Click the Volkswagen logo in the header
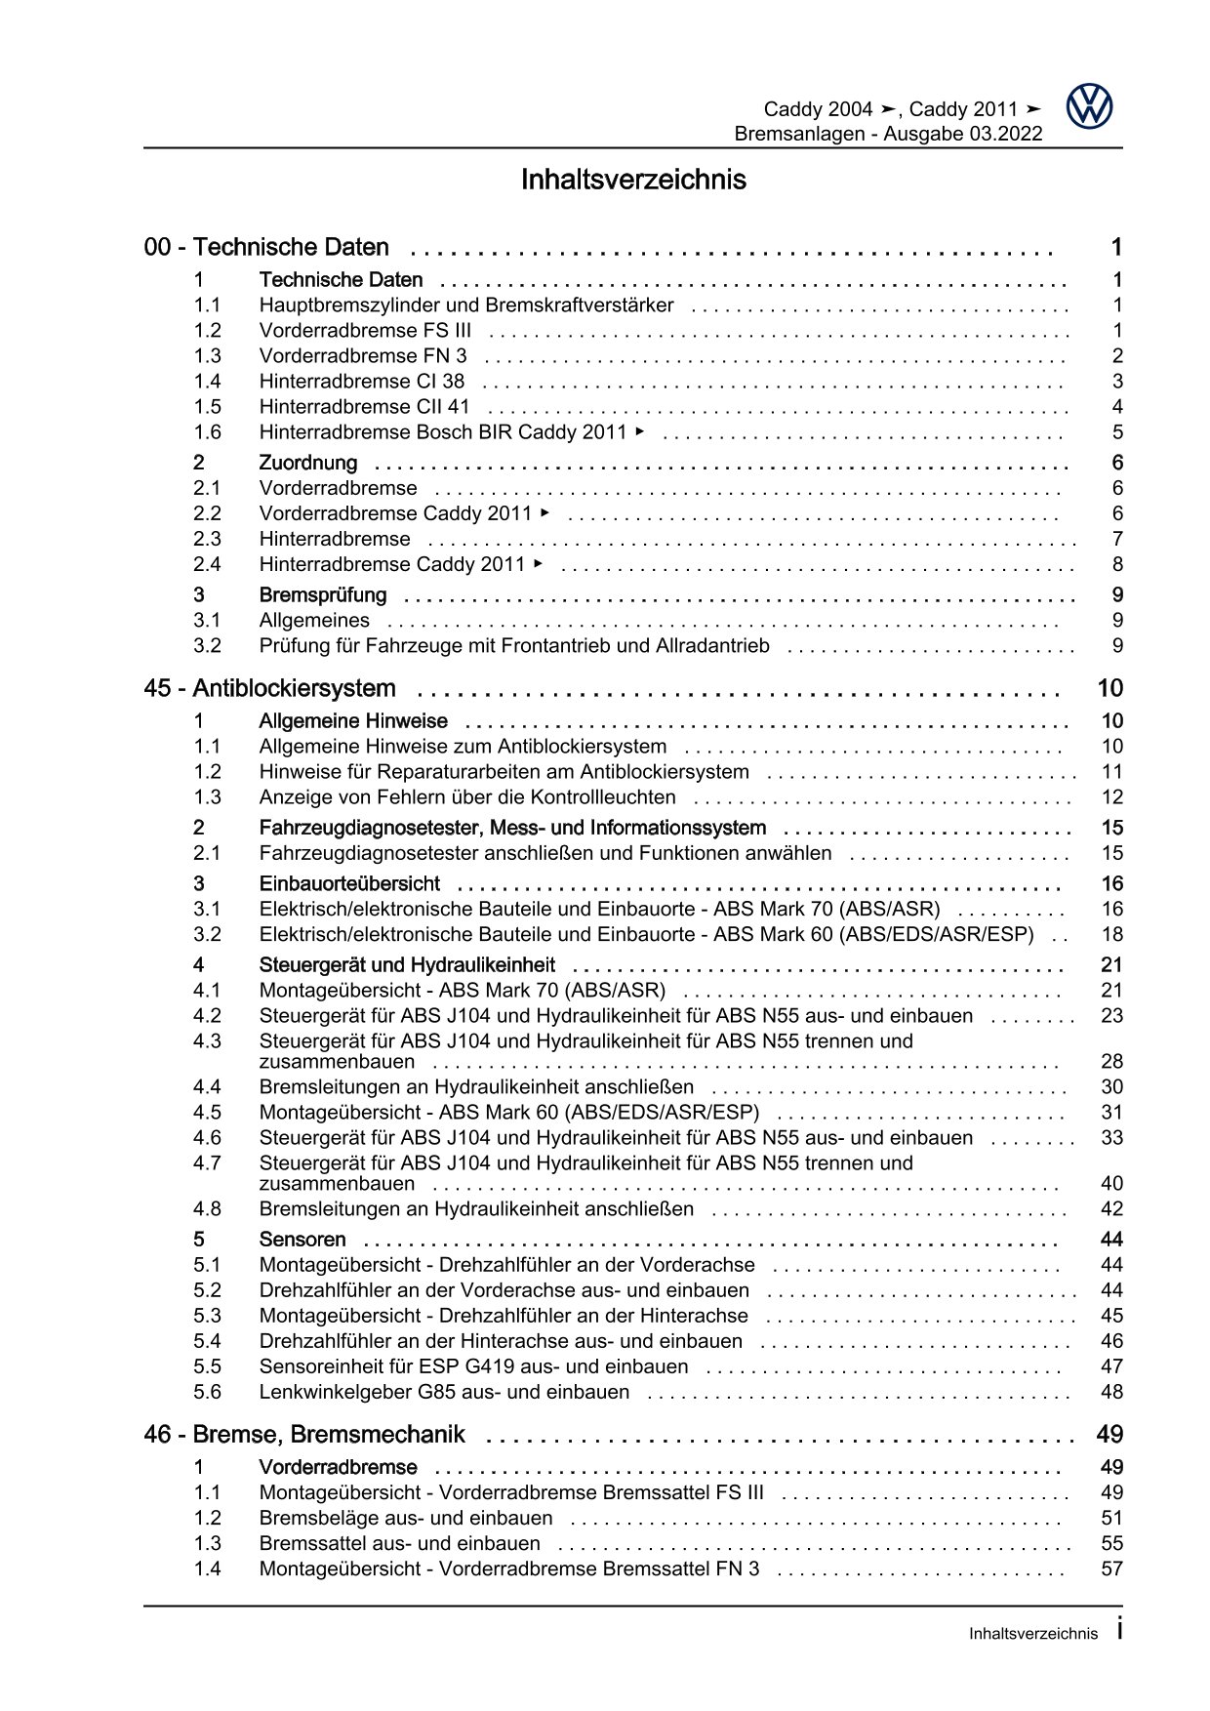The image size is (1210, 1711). click(1088, 105)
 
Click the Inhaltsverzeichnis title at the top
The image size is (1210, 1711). click(633, 180)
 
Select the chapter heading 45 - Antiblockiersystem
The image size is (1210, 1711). click(269, 688)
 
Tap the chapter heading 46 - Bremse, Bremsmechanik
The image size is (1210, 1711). click(304, 1434)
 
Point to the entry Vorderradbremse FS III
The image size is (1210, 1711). click(365, 331)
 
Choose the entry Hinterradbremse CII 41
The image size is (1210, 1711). click(364, 407)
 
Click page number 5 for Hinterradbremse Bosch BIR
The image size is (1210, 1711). click(1117, 432)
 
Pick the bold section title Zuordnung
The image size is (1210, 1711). click(308, 463)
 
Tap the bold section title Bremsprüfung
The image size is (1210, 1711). click(322, 594)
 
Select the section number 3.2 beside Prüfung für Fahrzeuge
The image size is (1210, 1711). click(207, 645)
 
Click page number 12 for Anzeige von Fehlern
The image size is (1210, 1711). click(1112, 797)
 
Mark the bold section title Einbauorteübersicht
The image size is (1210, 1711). click(349, 883)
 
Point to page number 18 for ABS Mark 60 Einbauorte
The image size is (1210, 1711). click(1112, 934)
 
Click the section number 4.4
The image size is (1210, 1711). click(207, 1086)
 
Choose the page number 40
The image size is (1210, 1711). click(1112, 1184)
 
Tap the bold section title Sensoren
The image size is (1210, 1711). click(302, 1240)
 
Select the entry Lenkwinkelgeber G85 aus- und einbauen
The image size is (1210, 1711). click(444, 1392)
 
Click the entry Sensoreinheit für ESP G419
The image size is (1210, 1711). click(473, 1366)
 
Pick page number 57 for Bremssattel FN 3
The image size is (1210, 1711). click(1112, 1568)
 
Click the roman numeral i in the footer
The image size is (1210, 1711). click(1118, 1629)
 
